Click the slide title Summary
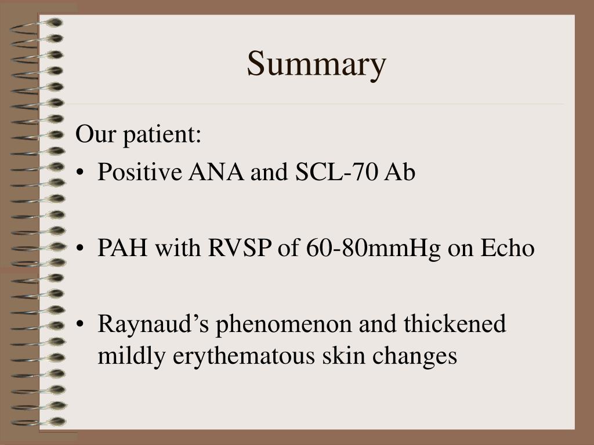point(316,64)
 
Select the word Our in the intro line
point(93,135)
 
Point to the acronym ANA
point(215,173)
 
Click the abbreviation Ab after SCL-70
point(400,173)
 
